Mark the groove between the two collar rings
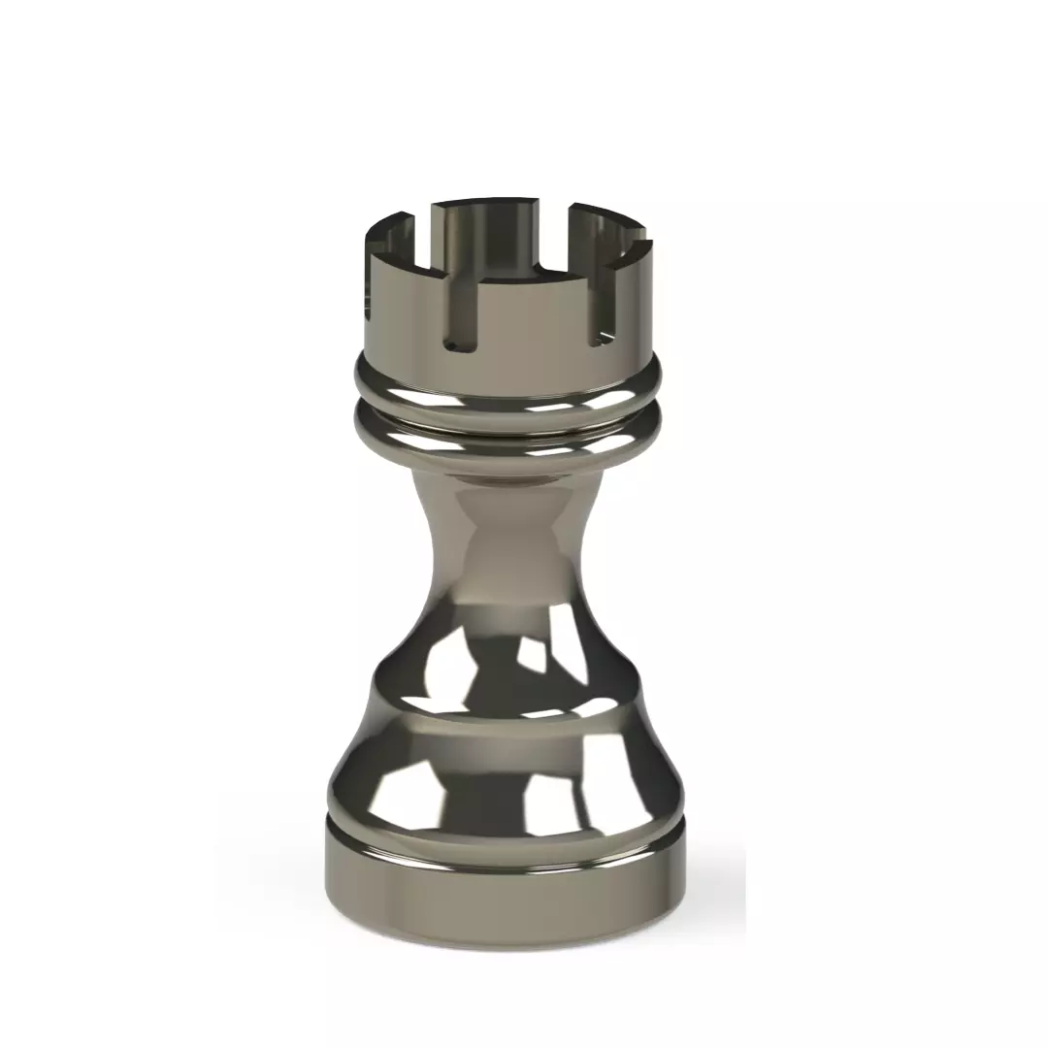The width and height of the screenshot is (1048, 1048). point(508,411)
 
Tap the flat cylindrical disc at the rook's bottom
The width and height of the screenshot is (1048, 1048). point(505,888)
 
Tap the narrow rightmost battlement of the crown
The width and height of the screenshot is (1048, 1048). point(636,291)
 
